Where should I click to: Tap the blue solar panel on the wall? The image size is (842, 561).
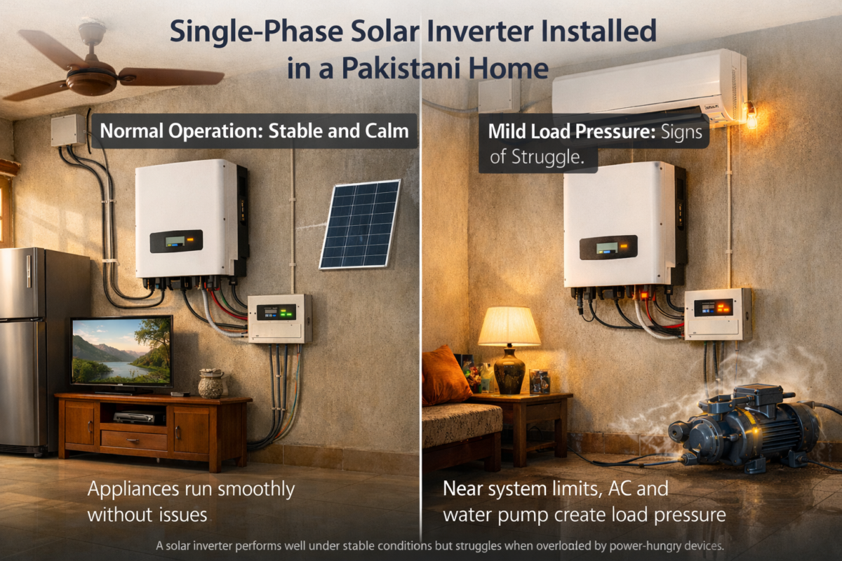point(360,224)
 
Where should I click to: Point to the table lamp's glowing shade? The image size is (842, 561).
point(509,326)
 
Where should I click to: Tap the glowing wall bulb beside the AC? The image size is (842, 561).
point(751,116)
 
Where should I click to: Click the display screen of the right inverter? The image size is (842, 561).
point(607,248)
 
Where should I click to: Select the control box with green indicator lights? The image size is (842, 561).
point(280,318)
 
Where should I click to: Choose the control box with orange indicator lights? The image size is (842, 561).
point(717,314)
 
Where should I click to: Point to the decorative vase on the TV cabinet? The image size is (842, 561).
point(211,384)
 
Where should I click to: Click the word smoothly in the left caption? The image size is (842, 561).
point(256,489)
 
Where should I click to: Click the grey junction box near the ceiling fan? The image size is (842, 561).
point(68,130)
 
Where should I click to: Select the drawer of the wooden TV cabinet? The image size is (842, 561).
point(134,440)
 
